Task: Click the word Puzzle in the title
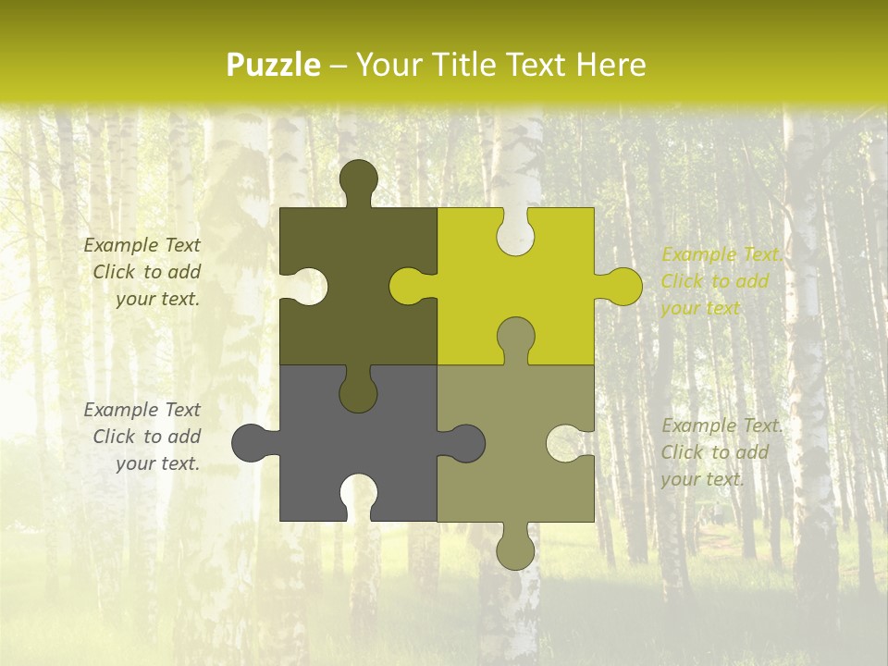click(x=273, y=65)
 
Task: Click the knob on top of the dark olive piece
click(x=358, y=180)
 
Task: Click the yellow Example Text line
click(x=721, y=254)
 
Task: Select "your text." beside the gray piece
click(x=158, y=463)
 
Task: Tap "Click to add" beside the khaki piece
click(x=714, y=452)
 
